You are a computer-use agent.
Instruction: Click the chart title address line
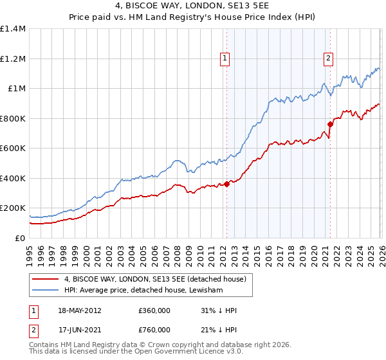(x=193, y=7)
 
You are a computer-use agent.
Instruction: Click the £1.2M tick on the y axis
(x=13, y=59)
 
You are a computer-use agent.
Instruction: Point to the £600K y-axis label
(x=13, y=148)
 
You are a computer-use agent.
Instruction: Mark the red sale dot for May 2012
(x=226, y=184)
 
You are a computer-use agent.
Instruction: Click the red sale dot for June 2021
(x=330, y=124)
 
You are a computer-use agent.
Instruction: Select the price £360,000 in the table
(x=154, y=310)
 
